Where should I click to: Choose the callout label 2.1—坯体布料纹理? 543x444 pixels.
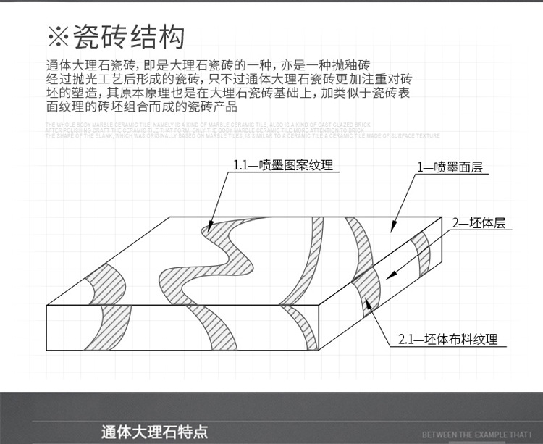click(448, 338)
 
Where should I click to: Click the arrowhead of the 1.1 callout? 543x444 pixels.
click(209, 229)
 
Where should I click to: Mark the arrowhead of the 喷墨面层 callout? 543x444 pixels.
click(391, 227)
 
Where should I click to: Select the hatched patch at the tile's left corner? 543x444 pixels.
click(94, 285)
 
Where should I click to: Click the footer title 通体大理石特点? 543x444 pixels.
click(155, 432)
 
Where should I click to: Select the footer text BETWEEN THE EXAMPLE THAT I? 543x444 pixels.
click(476, 435)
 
